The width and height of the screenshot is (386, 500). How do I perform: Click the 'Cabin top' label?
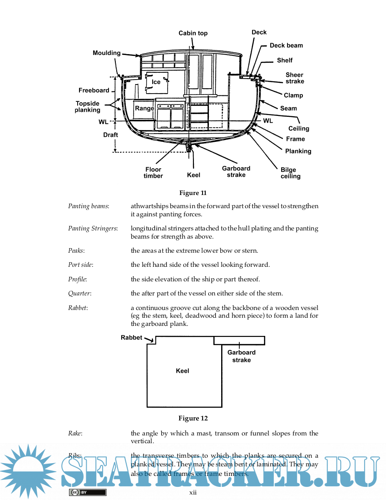point(193,33)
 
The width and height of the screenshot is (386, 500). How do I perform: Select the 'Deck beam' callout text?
point(286,45)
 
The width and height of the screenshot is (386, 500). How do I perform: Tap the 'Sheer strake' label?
point(295,78)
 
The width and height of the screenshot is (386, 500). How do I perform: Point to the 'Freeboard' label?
point(94,90)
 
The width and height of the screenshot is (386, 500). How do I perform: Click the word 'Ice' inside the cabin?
point(156,82)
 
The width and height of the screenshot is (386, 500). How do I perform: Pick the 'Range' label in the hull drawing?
point(144,109)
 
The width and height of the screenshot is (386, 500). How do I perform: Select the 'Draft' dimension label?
point(110,135)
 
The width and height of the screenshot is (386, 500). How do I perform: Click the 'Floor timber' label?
point(153,173)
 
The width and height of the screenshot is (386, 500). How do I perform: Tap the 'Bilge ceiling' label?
point(291,173)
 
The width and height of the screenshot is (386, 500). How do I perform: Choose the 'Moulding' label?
point(107,53)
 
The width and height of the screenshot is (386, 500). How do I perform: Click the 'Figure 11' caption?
point(193,193)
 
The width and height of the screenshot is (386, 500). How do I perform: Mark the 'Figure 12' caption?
point(193,418)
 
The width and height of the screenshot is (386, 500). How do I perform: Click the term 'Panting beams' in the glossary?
point(88,206)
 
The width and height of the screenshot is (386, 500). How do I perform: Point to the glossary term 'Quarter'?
point(79,293)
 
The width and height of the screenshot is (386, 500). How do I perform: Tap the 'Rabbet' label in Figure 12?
point(131,338)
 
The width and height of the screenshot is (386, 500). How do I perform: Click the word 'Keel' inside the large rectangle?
point(183,371)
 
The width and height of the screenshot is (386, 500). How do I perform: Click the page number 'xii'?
point(193,492)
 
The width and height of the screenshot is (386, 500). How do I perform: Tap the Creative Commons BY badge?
point(87,492)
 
